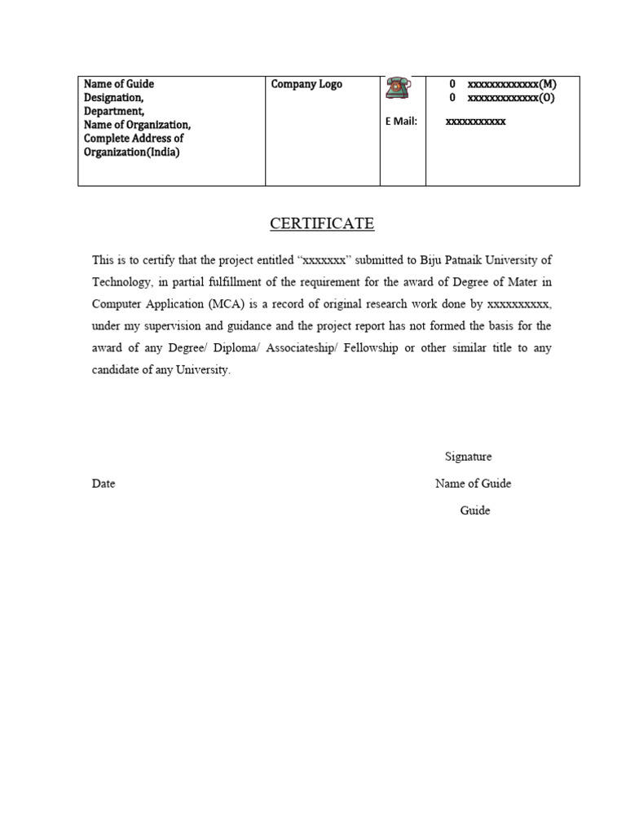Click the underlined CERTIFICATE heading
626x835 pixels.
pos(322,223)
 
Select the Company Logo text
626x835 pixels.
pos(306,84)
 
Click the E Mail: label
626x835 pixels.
pos(401,121)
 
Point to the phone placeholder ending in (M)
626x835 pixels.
pos(512,84)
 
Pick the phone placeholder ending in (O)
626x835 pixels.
pos(512,98)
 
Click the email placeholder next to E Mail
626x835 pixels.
pos(475,121)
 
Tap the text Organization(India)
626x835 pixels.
pos(131,152)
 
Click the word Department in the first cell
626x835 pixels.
pos(114,112)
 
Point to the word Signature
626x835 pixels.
pos(468,457)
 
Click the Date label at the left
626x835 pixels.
pos(104,484)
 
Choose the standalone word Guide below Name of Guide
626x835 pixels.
pos(474,510)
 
